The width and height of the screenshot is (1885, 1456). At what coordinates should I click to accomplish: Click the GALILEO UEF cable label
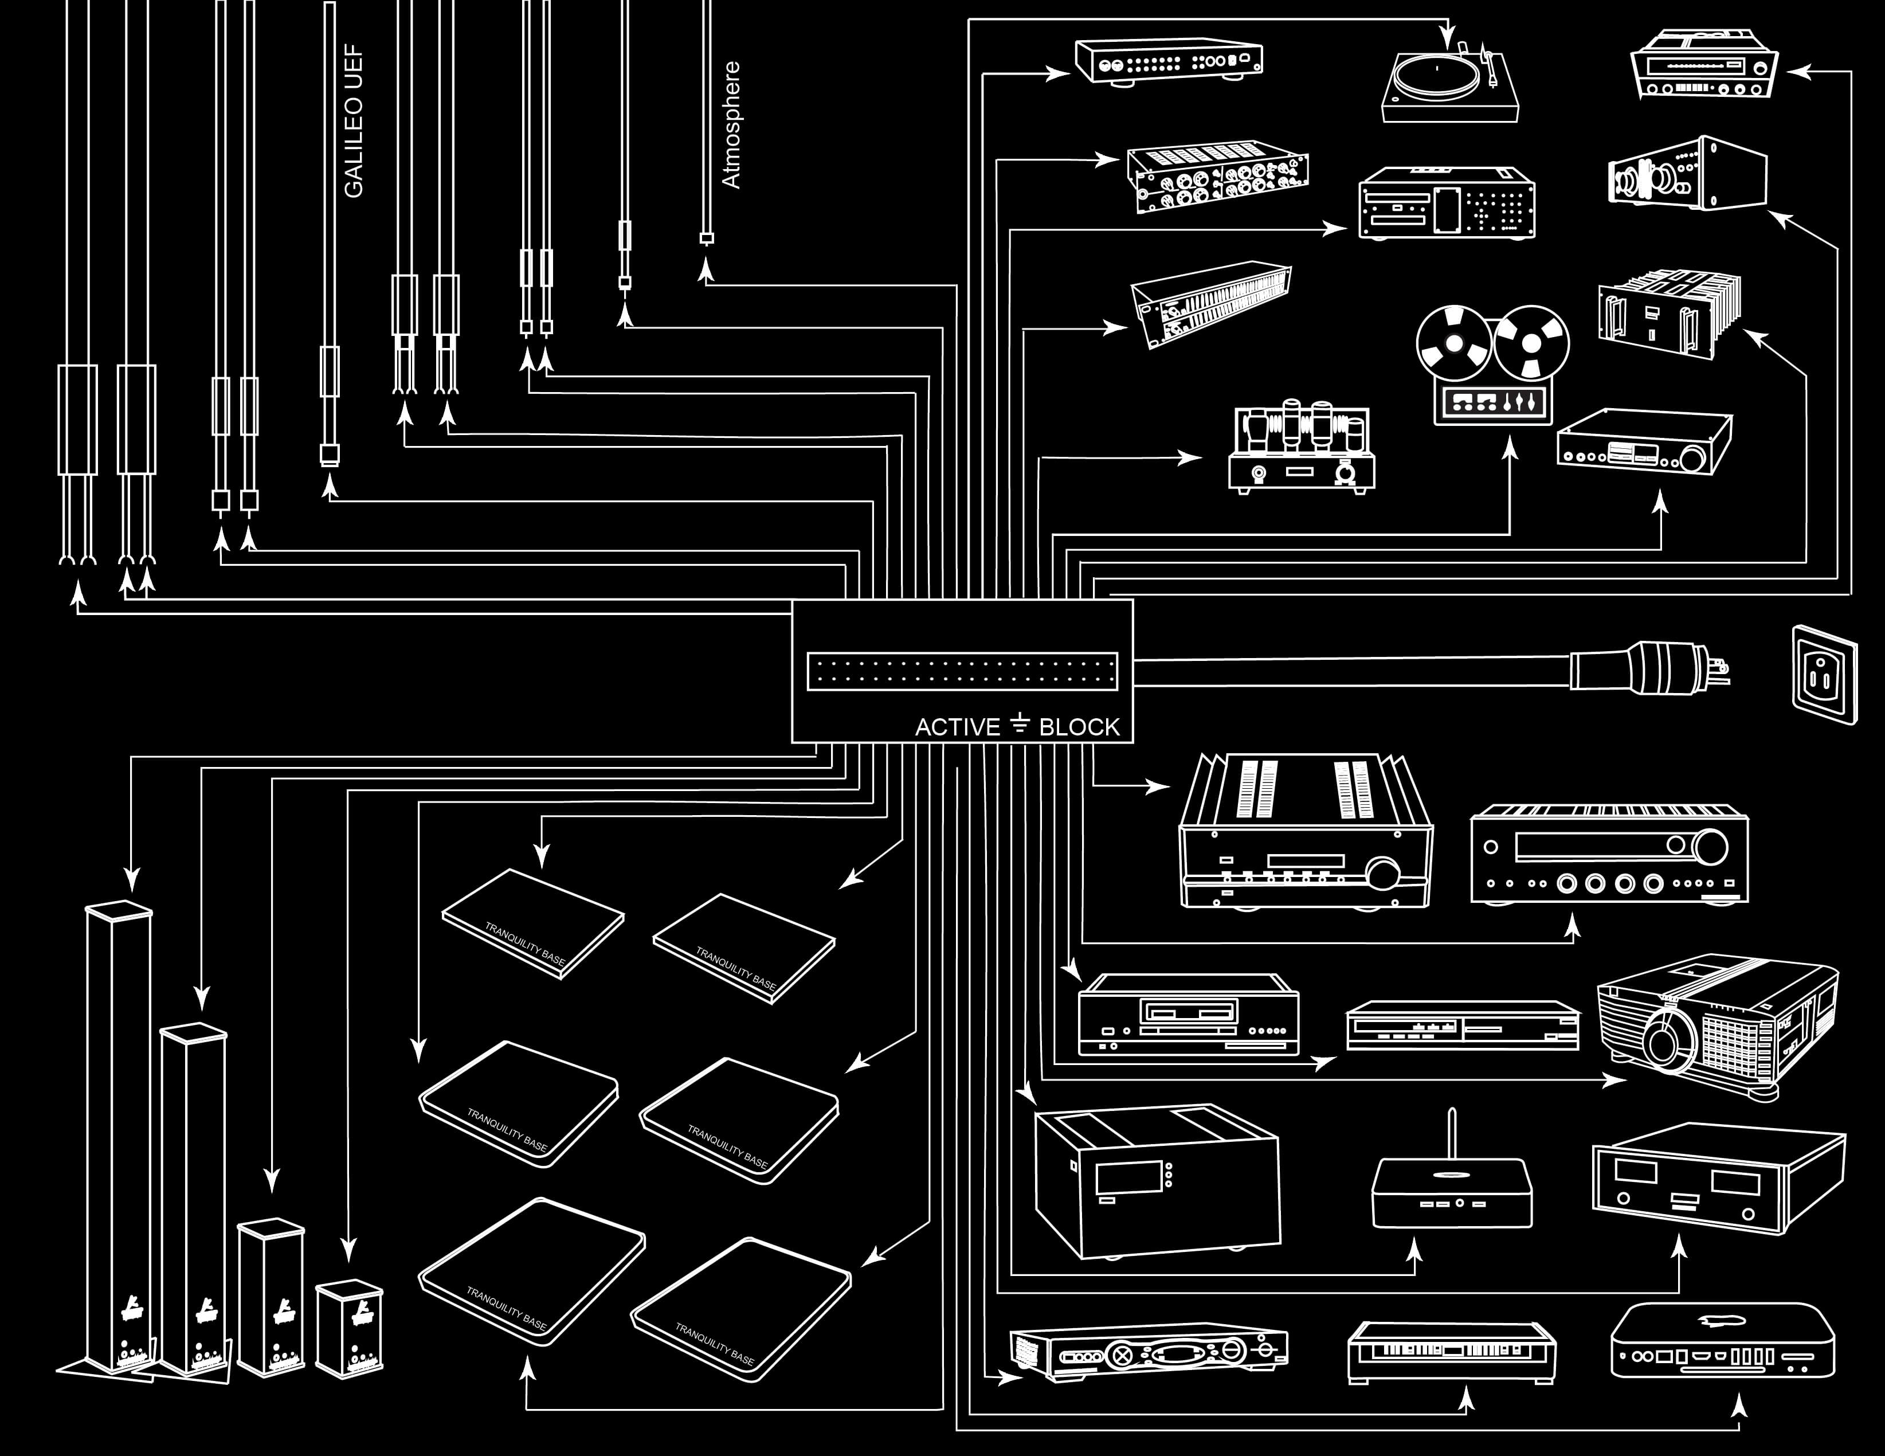(x=354, y=121)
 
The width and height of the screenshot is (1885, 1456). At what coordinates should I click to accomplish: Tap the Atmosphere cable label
(x=731, y=125)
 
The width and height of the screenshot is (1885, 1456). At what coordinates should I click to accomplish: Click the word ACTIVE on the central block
(x=957, y=727)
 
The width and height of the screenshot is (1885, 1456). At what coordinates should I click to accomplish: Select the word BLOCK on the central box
(x=1079, y=727)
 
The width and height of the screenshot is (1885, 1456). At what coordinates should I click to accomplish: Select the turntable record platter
(x=1435, y=76)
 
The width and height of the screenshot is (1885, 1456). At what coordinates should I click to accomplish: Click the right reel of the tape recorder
(x=1532, y=343)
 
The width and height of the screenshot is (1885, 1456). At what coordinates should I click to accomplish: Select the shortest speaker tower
(x=348, y=1329)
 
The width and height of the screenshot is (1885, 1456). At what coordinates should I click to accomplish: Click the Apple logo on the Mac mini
(x=1721, y=1321)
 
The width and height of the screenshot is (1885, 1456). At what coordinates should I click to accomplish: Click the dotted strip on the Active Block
(x=962, y=671)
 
